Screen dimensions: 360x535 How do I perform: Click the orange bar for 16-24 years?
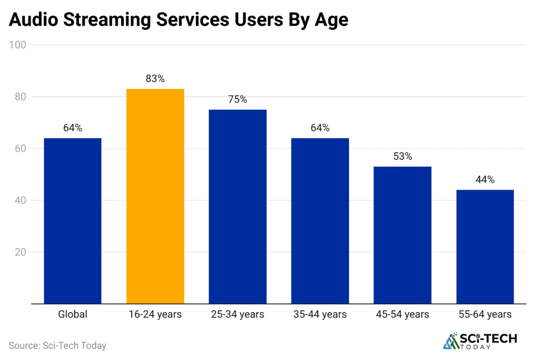(155, 196)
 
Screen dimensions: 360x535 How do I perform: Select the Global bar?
(73, 220)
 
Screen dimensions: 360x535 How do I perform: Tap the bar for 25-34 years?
(238, 206)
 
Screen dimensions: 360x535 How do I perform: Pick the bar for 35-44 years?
(320, 220)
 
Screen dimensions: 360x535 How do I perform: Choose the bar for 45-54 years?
(403, 235)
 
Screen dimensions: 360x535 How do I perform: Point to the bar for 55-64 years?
(485, 246)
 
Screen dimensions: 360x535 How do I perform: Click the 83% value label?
(155, 79)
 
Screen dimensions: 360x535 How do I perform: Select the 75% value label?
(238, 99)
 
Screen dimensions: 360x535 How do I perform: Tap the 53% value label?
(403, 156)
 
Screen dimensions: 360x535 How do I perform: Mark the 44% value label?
(485, 180)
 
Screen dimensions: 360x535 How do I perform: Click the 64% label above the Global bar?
(73, 128)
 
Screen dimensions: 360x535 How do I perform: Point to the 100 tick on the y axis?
(18, 45)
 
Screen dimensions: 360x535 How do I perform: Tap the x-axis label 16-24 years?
(155, 315)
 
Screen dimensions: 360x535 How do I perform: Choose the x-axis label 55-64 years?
(485, 315)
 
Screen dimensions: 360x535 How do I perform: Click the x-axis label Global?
(73, 315)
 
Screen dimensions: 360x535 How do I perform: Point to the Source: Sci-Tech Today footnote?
(57, 345)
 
